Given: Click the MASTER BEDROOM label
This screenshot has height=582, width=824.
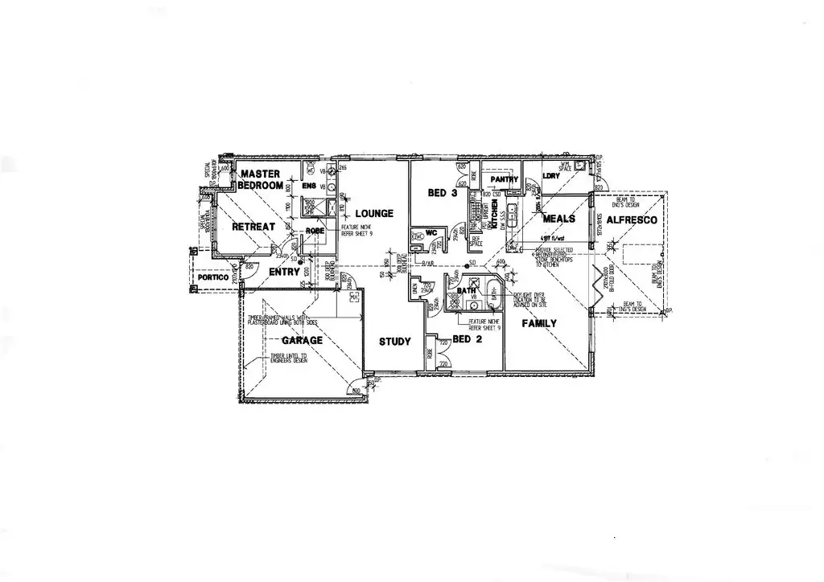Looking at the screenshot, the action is pyautogui.click(x=260, y=179).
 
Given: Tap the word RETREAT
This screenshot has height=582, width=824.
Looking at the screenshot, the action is pyautogui.click(x=253, y=227).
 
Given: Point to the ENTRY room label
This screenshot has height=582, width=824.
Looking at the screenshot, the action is pyautogui.click(x=284, y=272).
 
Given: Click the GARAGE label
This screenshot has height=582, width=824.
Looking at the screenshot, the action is pyautogui.click(x=302, y=340).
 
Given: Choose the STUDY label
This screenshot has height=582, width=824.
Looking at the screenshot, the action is pyautogui.click(x=395, y=341).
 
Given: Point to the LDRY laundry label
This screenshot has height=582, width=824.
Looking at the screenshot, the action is pyautogui.click(x=551, y=175).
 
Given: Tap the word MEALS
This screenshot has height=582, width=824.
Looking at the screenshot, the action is pyautogui.click(x=558, y=219).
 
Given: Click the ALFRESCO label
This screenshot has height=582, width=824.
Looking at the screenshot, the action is pyautogui.click(x=632, y=219).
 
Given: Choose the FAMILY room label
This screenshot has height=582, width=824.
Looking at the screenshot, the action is pyautogui.click(x=540, y=323).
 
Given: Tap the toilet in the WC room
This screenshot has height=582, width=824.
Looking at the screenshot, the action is pyautogui.click(x=416, y=236).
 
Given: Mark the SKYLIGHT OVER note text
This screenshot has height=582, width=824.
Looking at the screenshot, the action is pyautogui.click(x=529, y=295).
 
